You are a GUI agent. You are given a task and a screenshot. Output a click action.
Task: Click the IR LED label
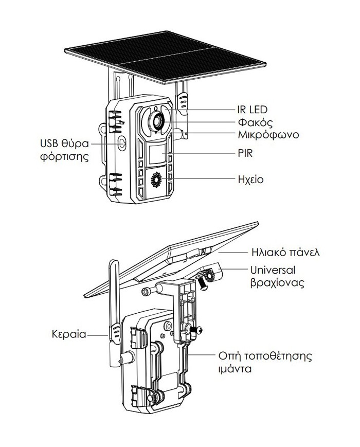(x=252, y=110)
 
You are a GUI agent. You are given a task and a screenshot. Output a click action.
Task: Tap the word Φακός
(x=255, y=122)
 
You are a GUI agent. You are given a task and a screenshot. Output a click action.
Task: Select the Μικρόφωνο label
(x=268, y=135)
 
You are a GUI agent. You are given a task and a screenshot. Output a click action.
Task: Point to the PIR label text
(x=245, y=153)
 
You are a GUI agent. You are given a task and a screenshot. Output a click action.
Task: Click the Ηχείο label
(x=250, y=180)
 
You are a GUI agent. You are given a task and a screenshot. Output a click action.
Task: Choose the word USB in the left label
(x=49, y=144)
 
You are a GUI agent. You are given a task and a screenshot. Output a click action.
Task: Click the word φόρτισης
(x=64, y=157)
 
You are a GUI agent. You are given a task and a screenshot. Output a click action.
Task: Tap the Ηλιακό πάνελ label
(x=285, y=252)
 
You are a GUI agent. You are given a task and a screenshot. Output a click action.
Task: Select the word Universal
(x=273, y=270)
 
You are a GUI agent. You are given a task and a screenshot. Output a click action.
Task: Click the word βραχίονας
(x=277, y=283)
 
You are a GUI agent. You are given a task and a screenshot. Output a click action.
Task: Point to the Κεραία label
(x=69, y=334)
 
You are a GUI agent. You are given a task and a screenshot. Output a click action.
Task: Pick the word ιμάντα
(x=235, y=369)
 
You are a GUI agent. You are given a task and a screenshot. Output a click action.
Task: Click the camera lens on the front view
(x=156, y=121)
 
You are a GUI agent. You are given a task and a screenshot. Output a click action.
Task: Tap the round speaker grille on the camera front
(x=156, y=180)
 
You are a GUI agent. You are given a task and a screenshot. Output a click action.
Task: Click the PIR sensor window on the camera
(x=157, y=153)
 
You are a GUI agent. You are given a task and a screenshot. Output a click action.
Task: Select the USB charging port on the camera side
(x=122, y=144)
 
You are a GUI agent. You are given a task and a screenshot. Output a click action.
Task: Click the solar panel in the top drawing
(x=165, y=57)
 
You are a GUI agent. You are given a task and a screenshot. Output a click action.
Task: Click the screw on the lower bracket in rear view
(x=196, y=330)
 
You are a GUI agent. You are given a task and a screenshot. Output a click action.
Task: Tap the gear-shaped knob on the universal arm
(x=210, y=276)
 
